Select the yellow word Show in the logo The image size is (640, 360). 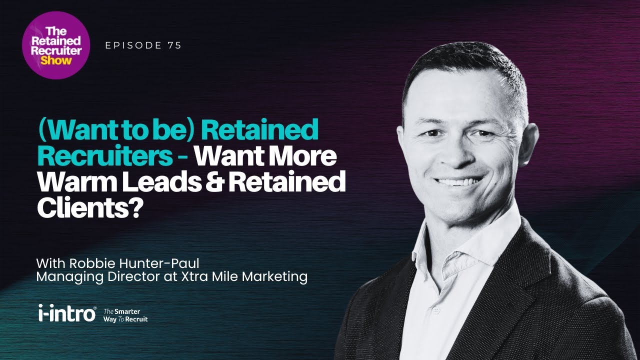(56, 60)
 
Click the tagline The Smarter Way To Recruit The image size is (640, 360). (125, 315)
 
